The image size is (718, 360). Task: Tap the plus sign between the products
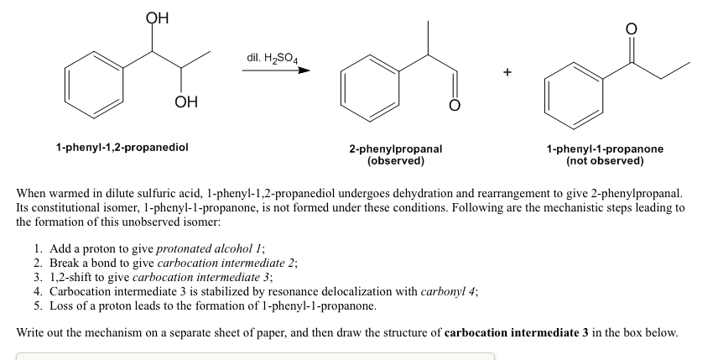(507, 72)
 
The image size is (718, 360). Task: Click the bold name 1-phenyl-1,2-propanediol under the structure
(122, 147)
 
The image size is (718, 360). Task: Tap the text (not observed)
(605, 159)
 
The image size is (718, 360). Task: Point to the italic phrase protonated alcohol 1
(211, 249)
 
